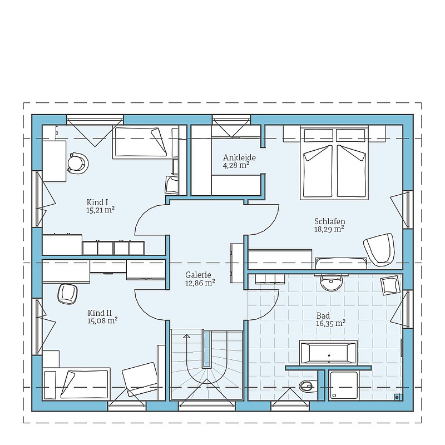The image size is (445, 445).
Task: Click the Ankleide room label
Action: (x=239, y=157)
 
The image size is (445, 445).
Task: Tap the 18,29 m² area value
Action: (x=329, y=229)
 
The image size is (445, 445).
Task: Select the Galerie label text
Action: (x=198, y=275)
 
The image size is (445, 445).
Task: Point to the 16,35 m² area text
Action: (x=330, y=323)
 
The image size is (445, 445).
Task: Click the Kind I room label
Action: (x=97, y=202)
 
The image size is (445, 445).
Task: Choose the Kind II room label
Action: (x=100, y=313)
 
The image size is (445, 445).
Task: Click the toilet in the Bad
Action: (x=308, y=385)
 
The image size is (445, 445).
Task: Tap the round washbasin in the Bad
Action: (x=331, y=283)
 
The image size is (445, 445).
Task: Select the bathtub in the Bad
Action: (x=328, y=353)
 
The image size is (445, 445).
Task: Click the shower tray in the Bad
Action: (x=344, y=385)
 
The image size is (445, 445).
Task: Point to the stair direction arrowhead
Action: (x=186, y=337)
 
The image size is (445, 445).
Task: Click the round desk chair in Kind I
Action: (x=77, y=163)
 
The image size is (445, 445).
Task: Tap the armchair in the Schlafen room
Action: (x=379, y=249)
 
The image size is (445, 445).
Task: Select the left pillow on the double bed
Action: (x=318, y=135)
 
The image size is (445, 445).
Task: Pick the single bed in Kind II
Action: (x=76, y=384)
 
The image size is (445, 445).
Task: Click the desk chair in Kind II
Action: (x=67, y=294)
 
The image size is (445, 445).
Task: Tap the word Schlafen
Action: (x=329, y=221)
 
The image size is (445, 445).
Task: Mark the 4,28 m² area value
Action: (x=236, y=165)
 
